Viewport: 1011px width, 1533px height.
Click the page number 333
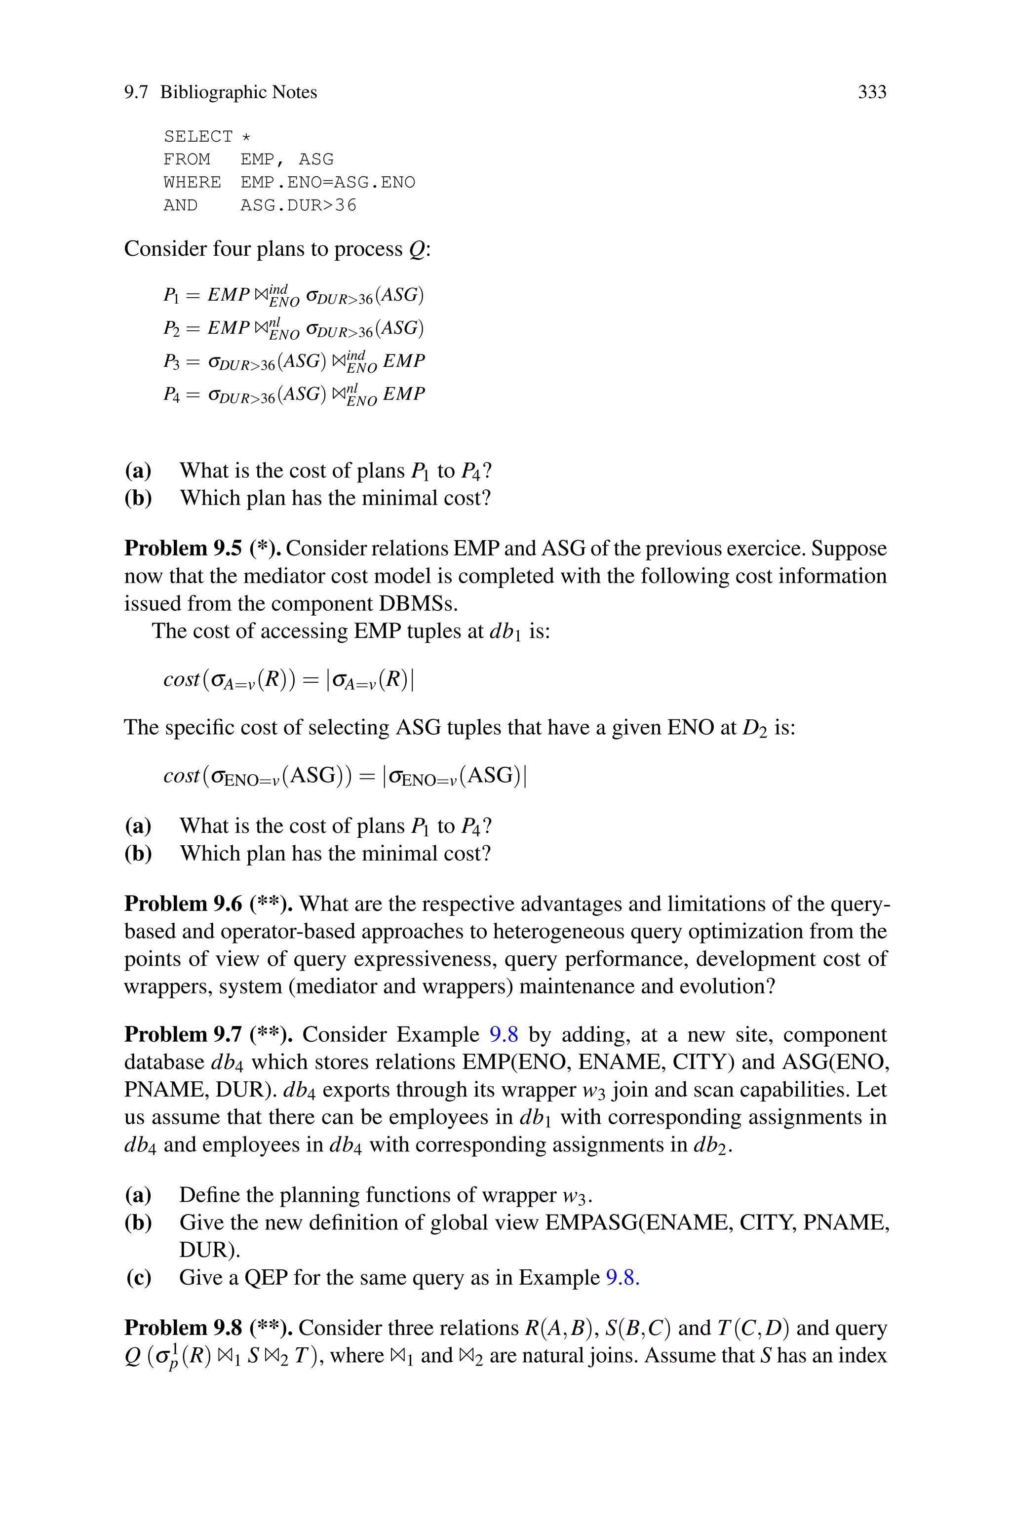[872, 92]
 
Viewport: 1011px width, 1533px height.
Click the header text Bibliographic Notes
[238, 92]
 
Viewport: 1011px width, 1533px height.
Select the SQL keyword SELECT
[198, 137]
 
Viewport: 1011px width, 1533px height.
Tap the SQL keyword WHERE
[192, 183]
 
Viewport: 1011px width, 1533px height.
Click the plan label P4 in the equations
[171, 394]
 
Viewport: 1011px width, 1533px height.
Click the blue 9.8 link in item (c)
[622, 1277]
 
